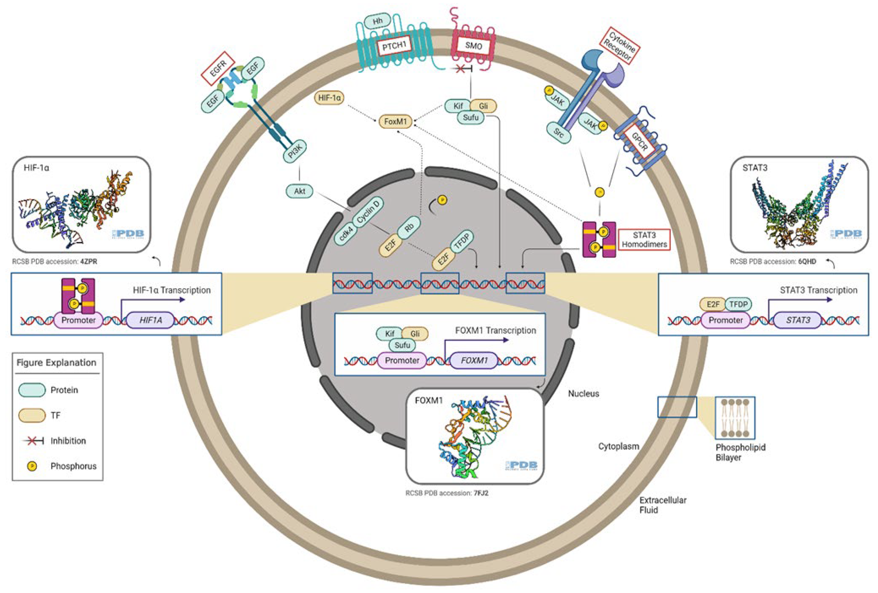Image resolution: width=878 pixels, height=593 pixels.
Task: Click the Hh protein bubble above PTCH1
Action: tap(377, 22)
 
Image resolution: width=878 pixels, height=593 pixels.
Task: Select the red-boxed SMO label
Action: tap(473, 46)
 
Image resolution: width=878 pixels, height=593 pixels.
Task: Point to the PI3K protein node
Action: tap(295, 151)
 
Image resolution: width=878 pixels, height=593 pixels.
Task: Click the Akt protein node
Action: tap(299, 191)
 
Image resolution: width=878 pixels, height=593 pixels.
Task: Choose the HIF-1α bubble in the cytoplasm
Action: tap(329, 98)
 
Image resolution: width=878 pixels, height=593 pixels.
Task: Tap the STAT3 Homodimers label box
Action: tap(644, 240)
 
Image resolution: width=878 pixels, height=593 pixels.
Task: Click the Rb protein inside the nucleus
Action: tap(409, 227)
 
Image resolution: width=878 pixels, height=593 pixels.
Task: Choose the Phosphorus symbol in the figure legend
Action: tap(32, 466)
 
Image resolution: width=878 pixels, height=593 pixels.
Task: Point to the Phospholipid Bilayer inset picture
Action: tap(735, 418)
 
